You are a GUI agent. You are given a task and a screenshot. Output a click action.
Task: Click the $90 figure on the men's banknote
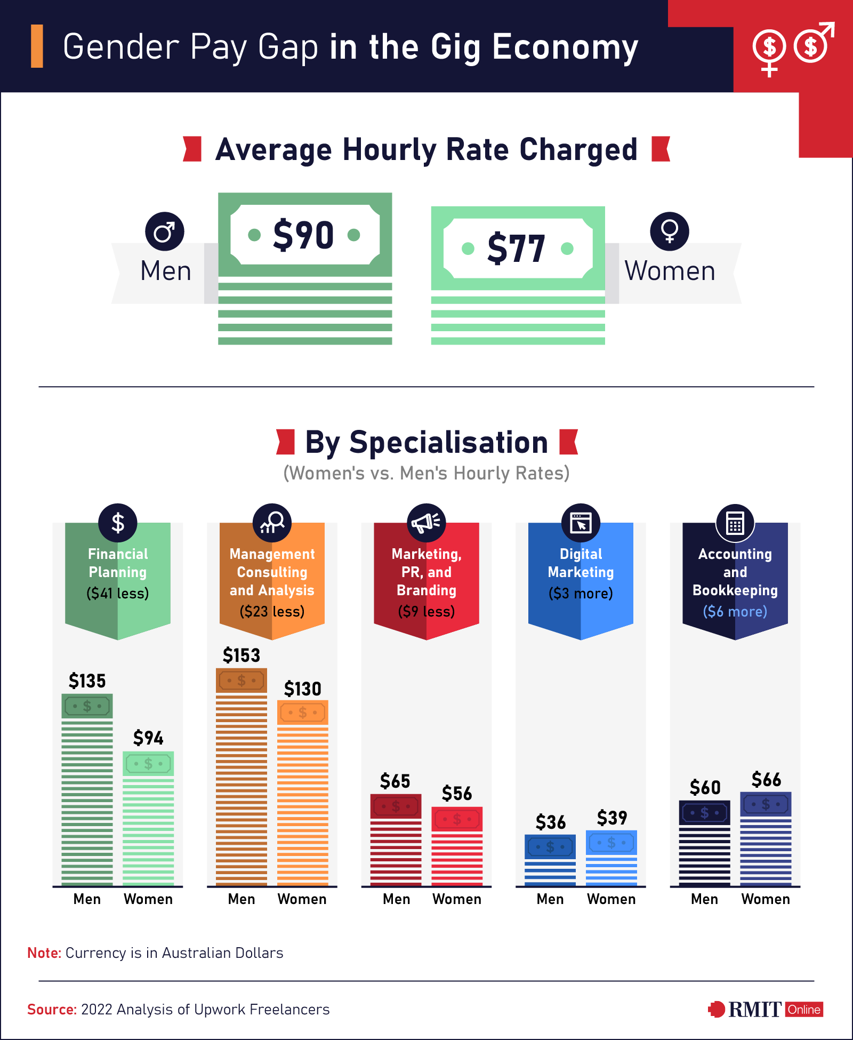click(x=304, y=235)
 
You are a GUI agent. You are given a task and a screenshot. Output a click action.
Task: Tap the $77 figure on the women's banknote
click(x=517, y=249)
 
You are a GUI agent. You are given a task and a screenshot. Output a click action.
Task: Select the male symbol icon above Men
click(x=164, y=231)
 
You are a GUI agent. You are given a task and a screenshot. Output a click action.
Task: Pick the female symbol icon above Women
click(x=669, y=231)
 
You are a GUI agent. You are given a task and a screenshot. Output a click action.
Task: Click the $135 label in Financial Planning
click(x=87, y=681)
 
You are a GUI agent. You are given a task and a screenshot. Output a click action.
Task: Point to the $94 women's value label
click(x=148, y=738)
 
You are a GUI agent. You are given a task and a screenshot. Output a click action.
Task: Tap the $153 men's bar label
click(x=242, y=655)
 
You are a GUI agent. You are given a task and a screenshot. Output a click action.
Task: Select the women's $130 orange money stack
click(x=303, y=792)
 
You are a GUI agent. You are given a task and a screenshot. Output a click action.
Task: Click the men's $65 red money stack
click(x=396, y=839)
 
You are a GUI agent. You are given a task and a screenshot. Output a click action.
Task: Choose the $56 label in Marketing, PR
click(x=457, y=794)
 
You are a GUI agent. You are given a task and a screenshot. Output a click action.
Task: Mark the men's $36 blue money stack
click(x=550, y=859)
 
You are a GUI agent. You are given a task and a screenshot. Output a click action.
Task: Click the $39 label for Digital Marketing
click(x=612, y=818)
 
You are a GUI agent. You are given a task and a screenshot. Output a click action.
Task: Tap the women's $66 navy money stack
click(x=766, y=838)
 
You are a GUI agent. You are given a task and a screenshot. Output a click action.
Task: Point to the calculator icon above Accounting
click(x=735, y=523)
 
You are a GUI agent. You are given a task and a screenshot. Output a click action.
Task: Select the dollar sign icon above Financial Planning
click(x=118, y=523)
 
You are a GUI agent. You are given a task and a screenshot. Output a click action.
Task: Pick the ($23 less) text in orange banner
click(x=272, y=611)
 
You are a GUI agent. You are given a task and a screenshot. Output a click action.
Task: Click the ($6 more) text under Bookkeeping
click(x=735, y=611)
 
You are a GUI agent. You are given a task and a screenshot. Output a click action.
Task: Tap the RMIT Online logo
click(x=766, y=1009)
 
